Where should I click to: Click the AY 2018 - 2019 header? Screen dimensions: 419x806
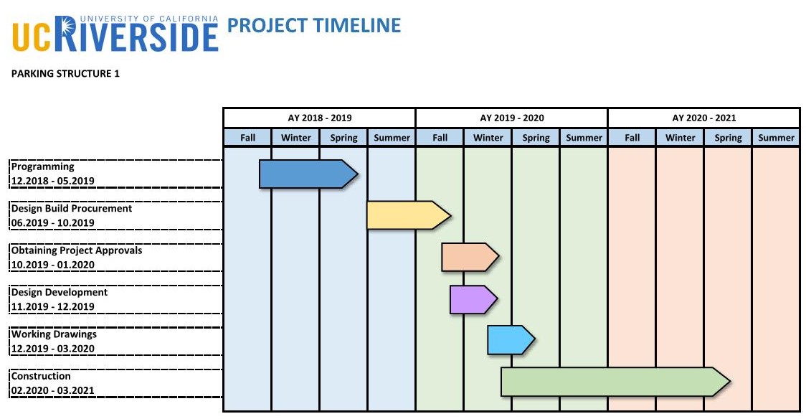coord(319,118)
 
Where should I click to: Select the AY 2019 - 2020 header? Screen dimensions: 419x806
coord(511,118)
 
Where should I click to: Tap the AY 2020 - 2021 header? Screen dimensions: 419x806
coord(703,118)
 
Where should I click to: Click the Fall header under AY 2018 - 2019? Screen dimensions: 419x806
coord(247,138)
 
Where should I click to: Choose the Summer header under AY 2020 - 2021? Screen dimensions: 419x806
coord(776,138)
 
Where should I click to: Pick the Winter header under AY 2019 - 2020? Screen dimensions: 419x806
coord(488,138)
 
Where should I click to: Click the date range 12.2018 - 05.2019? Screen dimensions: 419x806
coord(53,181)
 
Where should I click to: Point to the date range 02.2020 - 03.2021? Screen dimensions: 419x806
coord(53,391)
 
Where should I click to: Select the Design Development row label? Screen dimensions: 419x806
coord(60,293)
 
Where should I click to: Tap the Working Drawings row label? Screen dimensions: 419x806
coord(54,334)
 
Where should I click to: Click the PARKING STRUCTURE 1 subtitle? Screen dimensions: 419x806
coord(65,74)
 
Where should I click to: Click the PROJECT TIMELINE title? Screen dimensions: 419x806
coord(313,26)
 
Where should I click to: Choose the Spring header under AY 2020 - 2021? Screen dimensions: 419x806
coord(728,138)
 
